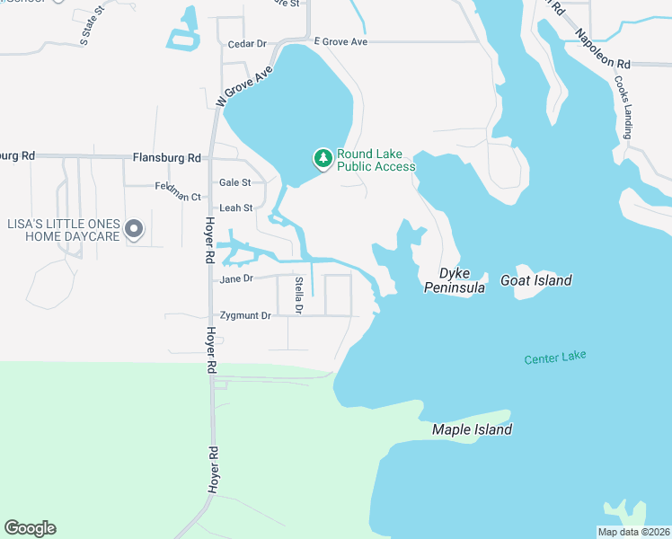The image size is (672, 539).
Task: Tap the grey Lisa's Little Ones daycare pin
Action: click(134, 230)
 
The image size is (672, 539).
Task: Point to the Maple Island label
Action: click(472, 429)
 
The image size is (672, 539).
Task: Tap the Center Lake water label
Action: click(555, 357)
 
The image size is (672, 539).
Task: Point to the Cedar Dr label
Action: click(248, 43)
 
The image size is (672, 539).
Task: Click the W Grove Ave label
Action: click(243, 86)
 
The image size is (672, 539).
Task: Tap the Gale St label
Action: click(234, 182)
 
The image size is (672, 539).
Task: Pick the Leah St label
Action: click(235, 208)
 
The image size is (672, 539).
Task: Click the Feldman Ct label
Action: click(177, 196)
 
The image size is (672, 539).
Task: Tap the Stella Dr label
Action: click(299, 296)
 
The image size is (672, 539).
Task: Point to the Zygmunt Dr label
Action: click(245, 315)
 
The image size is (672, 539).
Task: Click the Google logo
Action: click(30, 528)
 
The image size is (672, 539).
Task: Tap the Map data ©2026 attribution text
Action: click(633, 532)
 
